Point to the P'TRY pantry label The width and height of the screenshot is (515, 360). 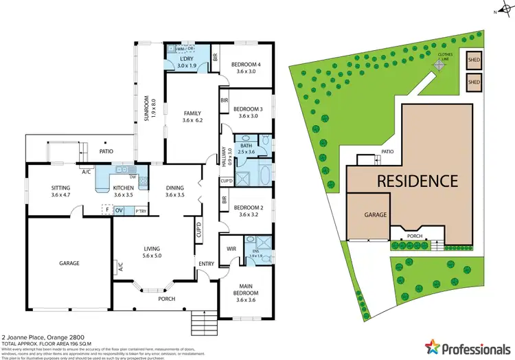point(141,210)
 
